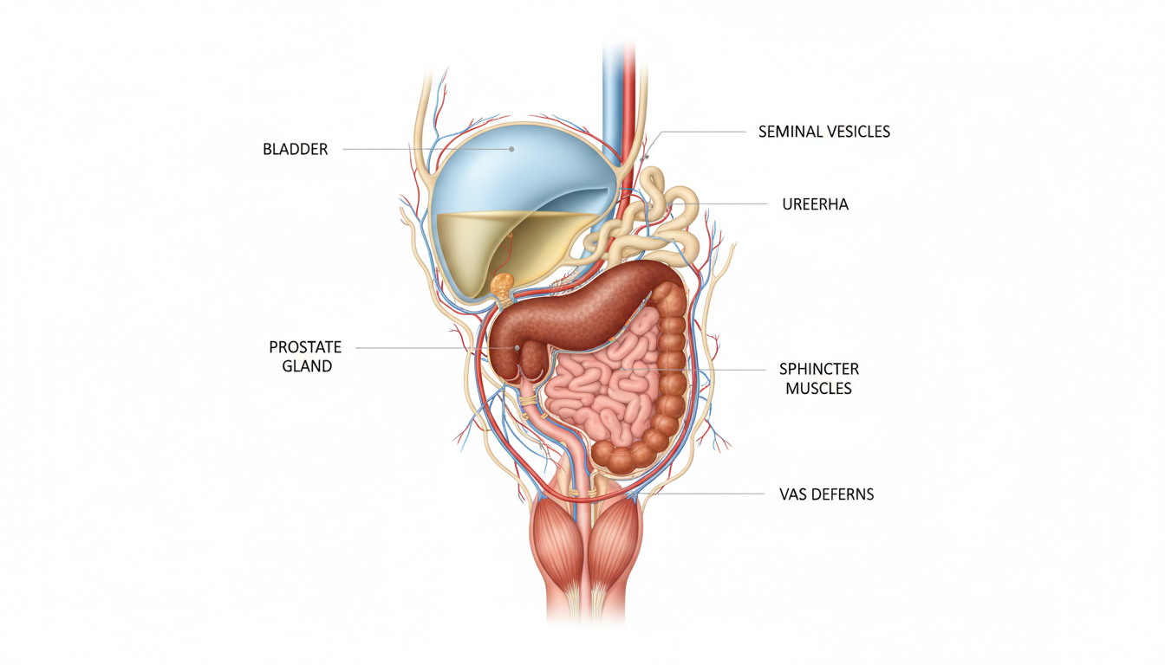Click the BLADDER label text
pos(295,149)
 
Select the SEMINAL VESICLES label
pos(823,132)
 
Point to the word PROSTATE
pos(305,347)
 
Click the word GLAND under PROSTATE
pos(307,366)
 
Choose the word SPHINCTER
pos(818,369)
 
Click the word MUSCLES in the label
pos(818,389)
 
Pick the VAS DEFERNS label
pos(826,494)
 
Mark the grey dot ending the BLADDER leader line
pos(511,149)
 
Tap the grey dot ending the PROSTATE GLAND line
pos(517,348)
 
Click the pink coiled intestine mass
pos(598,390)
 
